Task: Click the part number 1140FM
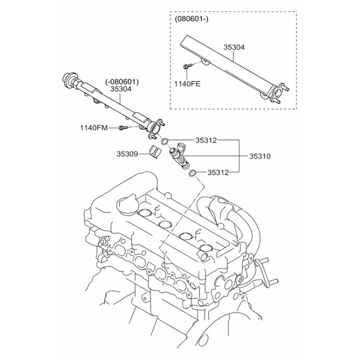coord(94,127)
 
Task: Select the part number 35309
coord(127,154)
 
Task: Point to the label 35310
coord(260,156)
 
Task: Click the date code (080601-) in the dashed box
coord(191,19)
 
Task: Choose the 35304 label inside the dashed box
coord(234,46)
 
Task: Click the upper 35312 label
coord(206,140)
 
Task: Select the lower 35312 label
coord(218,172)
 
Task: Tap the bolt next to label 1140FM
coord(123,127)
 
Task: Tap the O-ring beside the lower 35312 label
coord(192,174)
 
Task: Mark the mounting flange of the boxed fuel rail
coord(277,91)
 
